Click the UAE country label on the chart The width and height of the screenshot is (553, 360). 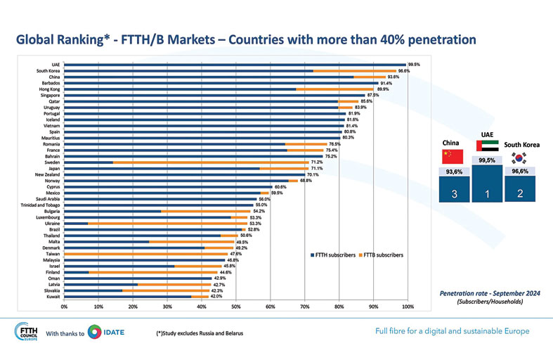55,64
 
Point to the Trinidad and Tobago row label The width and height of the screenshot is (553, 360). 40,205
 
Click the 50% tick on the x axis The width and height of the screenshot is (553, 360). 236,307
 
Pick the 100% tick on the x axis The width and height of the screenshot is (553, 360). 408,307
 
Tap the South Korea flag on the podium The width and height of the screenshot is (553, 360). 521,158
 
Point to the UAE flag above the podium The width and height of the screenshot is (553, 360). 487,146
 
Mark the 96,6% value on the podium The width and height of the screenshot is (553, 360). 521,171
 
